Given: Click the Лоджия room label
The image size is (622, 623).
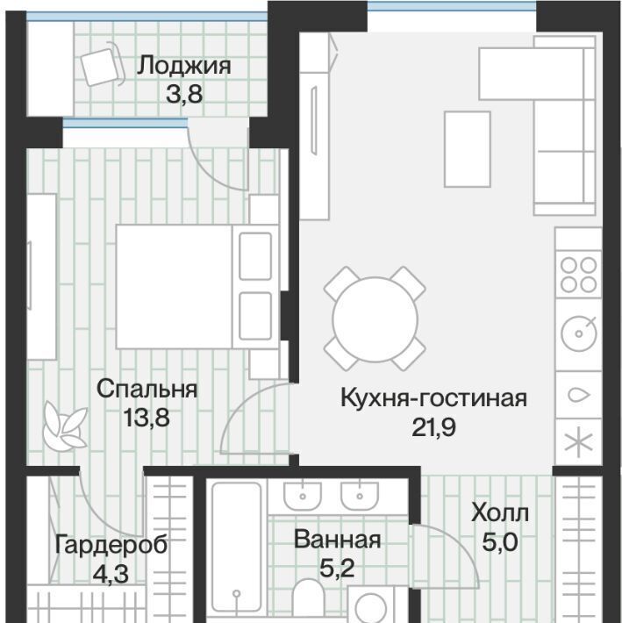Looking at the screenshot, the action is coord(184,67).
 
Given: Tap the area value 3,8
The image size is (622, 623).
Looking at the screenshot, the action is coord(184,94).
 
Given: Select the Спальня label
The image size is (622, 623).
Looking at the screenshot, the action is coord(147,389).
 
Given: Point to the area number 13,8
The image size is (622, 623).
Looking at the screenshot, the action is coord(147,418).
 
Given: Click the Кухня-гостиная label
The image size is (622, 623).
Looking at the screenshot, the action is coord(433,397).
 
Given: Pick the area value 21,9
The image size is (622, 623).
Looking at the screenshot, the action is coord(433,427).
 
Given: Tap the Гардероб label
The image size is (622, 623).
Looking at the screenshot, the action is coord(111,545).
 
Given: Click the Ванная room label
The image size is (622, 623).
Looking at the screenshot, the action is coord(337,540).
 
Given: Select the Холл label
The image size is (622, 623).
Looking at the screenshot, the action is coord(500,513).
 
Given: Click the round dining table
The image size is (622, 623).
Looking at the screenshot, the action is coord(375,319).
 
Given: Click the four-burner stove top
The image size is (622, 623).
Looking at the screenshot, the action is coord(578,275).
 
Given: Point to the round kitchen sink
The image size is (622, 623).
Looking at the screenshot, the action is coord(579,333).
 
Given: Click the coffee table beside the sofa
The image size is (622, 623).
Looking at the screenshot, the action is coord(467,149).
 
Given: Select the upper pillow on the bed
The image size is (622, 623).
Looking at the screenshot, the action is coord(255,256).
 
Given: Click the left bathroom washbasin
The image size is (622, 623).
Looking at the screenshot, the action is coord(303,496).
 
